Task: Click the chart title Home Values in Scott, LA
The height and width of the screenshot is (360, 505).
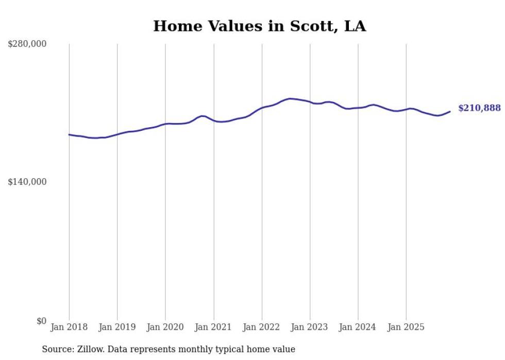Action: point(259,26)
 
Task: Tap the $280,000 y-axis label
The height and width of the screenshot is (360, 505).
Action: point(27,44)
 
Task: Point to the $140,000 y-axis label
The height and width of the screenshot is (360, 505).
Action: point(27,182)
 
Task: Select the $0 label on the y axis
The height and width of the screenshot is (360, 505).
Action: point(41,321)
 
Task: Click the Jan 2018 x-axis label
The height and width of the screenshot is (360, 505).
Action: point(69,328)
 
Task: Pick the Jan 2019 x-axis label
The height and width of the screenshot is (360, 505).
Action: point(117,328)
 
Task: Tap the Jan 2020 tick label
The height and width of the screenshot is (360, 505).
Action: point(165,328)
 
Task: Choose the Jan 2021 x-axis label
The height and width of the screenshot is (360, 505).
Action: point(213,328)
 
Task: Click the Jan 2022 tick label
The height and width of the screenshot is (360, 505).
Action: point(261,328)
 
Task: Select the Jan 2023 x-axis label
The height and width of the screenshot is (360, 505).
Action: point(310,328)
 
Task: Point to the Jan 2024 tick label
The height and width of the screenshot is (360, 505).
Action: point(358,328)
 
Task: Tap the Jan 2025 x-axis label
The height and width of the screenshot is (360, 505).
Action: point(406,328)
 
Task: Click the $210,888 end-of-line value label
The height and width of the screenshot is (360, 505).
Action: point(479,108)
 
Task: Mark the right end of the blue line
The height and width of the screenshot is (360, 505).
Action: point(450,111)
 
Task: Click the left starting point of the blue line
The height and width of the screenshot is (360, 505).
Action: point(69,134)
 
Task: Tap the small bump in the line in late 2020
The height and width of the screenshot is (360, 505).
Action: point(202,116)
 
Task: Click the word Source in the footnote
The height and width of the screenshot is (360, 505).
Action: point(57,349)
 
